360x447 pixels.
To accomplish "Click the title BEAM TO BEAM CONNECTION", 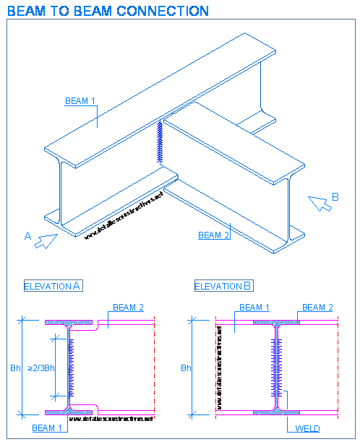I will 108,11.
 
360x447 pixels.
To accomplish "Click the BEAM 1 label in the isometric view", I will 80,101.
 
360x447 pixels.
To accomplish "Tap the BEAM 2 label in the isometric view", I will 213,235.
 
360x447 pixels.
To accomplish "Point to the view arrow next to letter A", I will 46,240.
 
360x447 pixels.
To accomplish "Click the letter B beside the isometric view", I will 335,196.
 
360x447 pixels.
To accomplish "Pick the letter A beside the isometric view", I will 27,235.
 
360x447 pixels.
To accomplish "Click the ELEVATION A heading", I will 53,286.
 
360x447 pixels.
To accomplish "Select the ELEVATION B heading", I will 224,286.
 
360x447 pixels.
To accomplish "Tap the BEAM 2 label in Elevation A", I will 128,308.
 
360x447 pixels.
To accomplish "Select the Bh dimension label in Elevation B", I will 186,368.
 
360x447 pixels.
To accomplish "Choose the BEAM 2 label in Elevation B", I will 317,308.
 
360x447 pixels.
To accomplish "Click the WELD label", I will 307,428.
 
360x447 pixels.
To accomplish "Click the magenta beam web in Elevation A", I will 69,368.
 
